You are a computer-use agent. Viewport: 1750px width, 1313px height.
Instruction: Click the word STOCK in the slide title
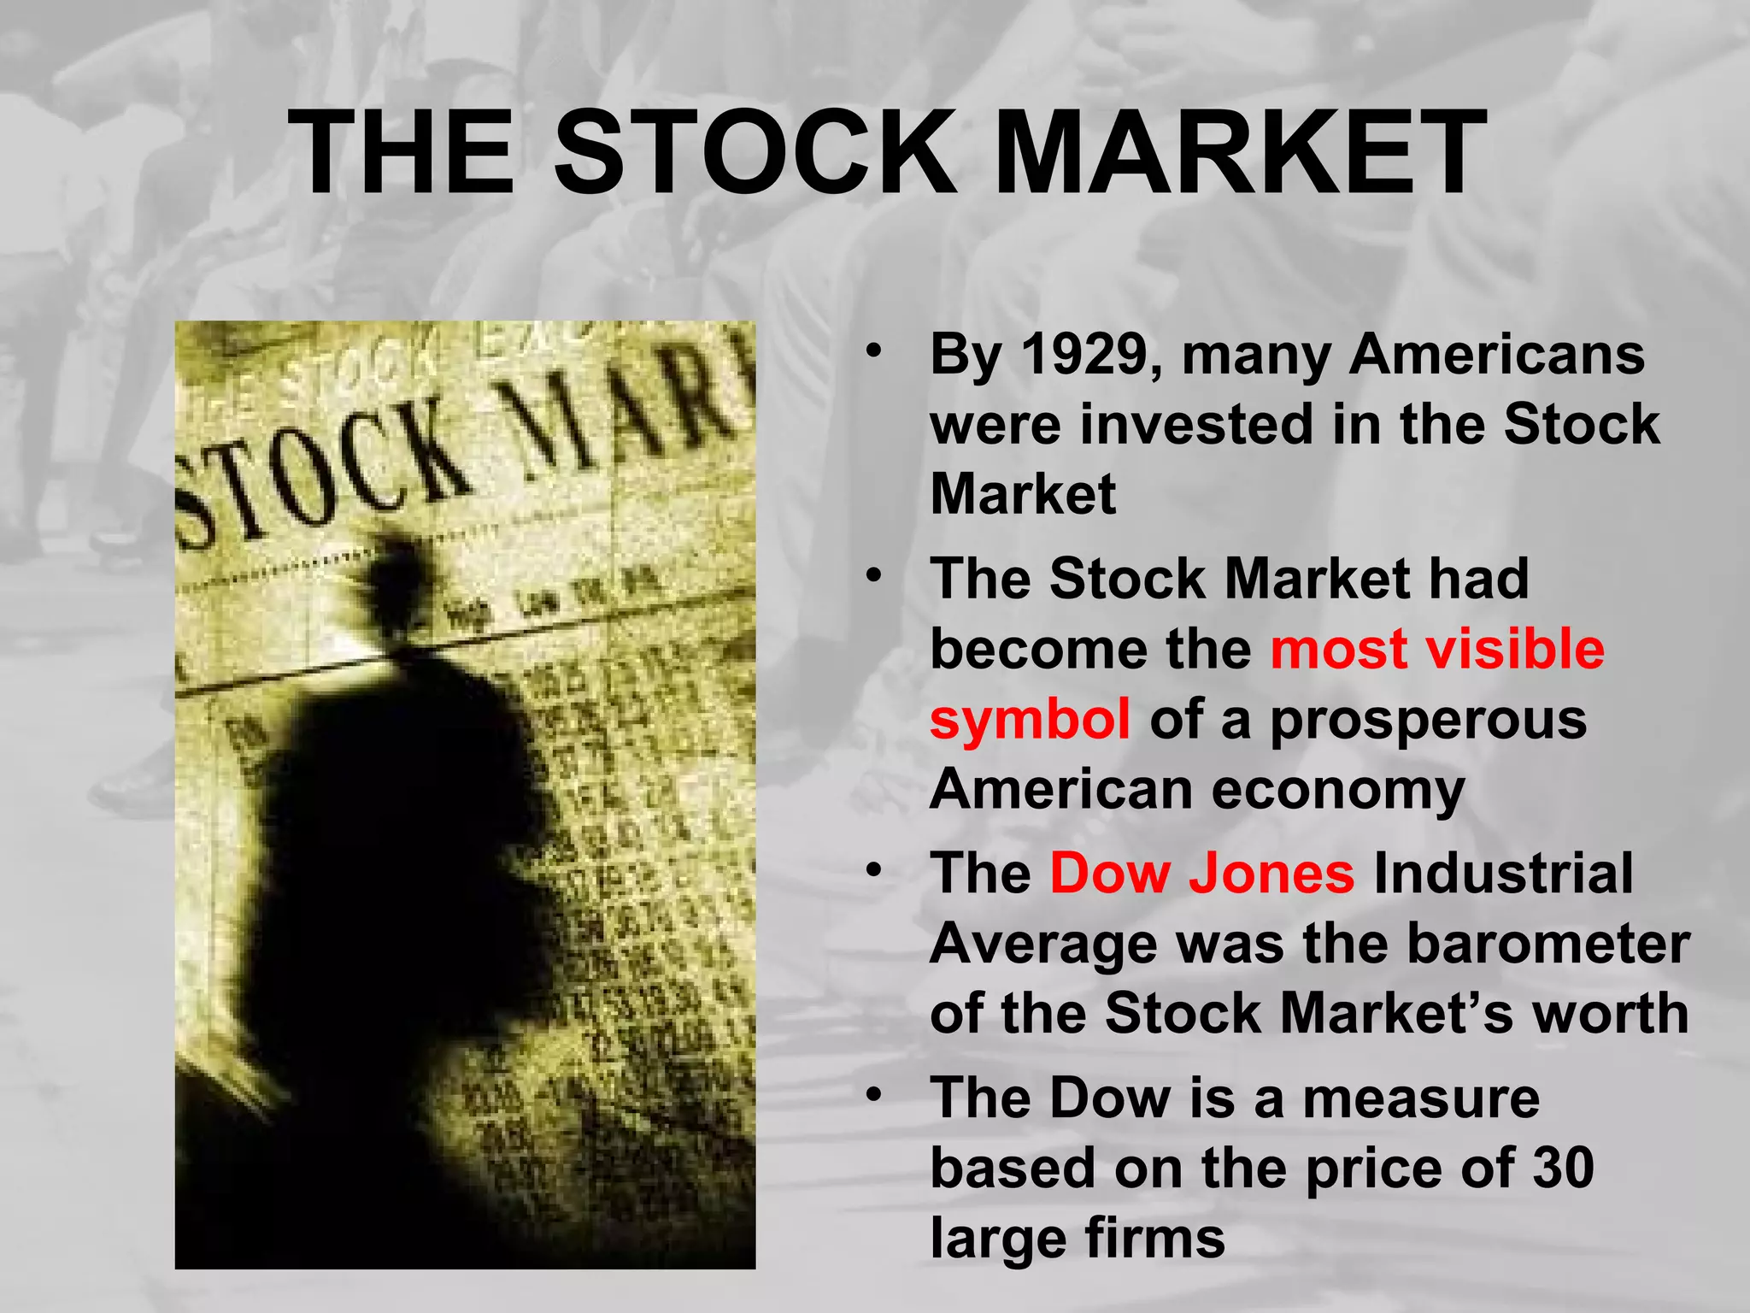(755, 154)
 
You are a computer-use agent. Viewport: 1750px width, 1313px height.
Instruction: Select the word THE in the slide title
(402, 154)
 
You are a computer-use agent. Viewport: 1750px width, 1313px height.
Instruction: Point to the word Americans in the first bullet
(1496, 355)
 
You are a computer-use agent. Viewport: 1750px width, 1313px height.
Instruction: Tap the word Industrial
(1503, 874)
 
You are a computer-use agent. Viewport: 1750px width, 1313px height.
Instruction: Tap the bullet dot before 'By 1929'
(872, 351)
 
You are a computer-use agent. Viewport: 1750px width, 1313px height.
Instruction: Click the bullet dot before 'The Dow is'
(872, 1095)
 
